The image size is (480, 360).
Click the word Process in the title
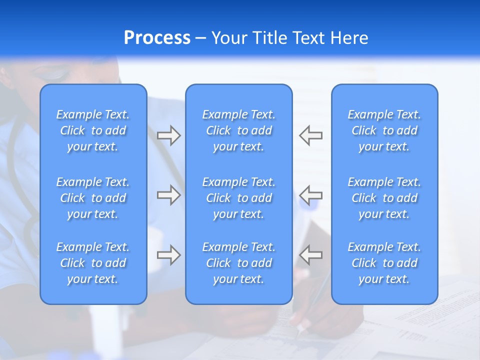[157, 38]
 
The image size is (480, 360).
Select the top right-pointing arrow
[169, 135]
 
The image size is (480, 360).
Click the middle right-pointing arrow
[169, 195]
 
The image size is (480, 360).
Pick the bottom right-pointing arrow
[169, 255]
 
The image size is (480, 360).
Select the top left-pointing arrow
[310, 135]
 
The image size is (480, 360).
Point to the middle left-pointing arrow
[310, 195]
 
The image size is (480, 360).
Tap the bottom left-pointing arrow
[310, 255]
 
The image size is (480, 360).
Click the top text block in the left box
[93, 130]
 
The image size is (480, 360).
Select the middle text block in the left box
[93, 198]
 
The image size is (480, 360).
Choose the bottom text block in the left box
[93, 263]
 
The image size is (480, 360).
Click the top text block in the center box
[239, 130]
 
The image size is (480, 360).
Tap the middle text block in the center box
[239, 198]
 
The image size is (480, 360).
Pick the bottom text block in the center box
[239, 263]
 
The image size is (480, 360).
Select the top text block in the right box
[384, 130]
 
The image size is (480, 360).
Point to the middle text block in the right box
[384, 198]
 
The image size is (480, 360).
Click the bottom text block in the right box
[384, 263]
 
